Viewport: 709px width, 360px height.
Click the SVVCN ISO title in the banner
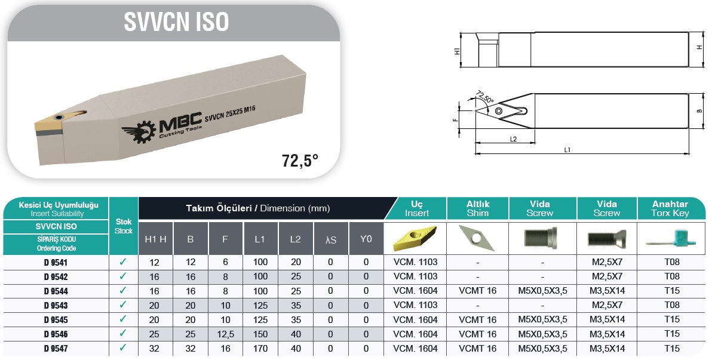pyautogui.click(x=176, y=21)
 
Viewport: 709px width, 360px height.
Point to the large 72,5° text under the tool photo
pyautogui.click(x=300, y=161)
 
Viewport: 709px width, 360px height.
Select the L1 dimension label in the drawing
pyautogui.click(x=567, y=150)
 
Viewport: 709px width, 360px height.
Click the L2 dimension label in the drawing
pyautogui.click(x=513, y=139)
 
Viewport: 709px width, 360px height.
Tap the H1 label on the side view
pyautogui.click(x=457, y=51)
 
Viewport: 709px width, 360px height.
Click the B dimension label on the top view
pyautogui.click(x=699, y=110)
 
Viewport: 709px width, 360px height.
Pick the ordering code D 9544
pyautogui.click(x=56, y=291)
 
